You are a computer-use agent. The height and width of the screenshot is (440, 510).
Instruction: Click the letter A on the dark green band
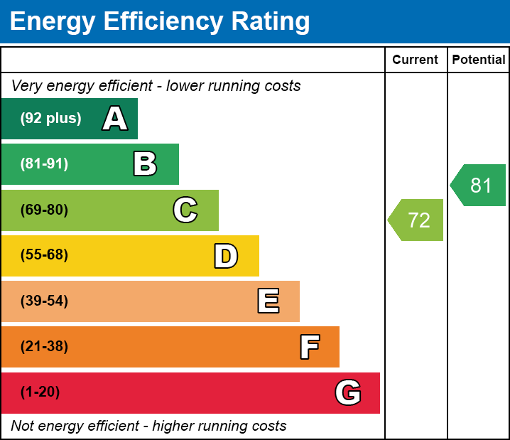115,119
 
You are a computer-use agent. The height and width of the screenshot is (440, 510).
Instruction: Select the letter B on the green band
145,164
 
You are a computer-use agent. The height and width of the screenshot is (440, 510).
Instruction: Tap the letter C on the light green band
185,210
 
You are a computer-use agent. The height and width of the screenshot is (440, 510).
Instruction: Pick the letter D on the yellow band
226,256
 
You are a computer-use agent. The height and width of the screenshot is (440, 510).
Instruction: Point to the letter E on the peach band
268,301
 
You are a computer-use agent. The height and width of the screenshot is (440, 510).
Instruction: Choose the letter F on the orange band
309,347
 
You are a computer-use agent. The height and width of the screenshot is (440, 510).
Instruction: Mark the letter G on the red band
348,392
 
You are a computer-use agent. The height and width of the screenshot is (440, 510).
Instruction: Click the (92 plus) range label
50,119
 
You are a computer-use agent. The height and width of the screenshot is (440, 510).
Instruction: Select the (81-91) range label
44,164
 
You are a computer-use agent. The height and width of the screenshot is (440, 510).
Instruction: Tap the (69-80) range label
44,210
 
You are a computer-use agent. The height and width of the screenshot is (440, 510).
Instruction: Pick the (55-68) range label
44,255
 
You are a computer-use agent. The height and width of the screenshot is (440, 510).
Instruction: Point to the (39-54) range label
44,301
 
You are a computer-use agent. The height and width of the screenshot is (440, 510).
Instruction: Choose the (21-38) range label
44,347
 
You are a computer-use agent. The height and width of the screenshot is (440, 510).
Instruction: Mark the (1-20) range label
40,392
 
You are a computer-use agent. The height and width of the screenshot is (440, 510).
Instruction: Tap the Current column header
416,60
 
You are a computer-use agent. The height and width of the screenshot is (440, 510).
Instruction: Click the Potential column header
479,60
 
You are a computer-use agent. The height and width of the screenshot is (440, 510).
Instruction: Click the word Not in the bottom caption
23,426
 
